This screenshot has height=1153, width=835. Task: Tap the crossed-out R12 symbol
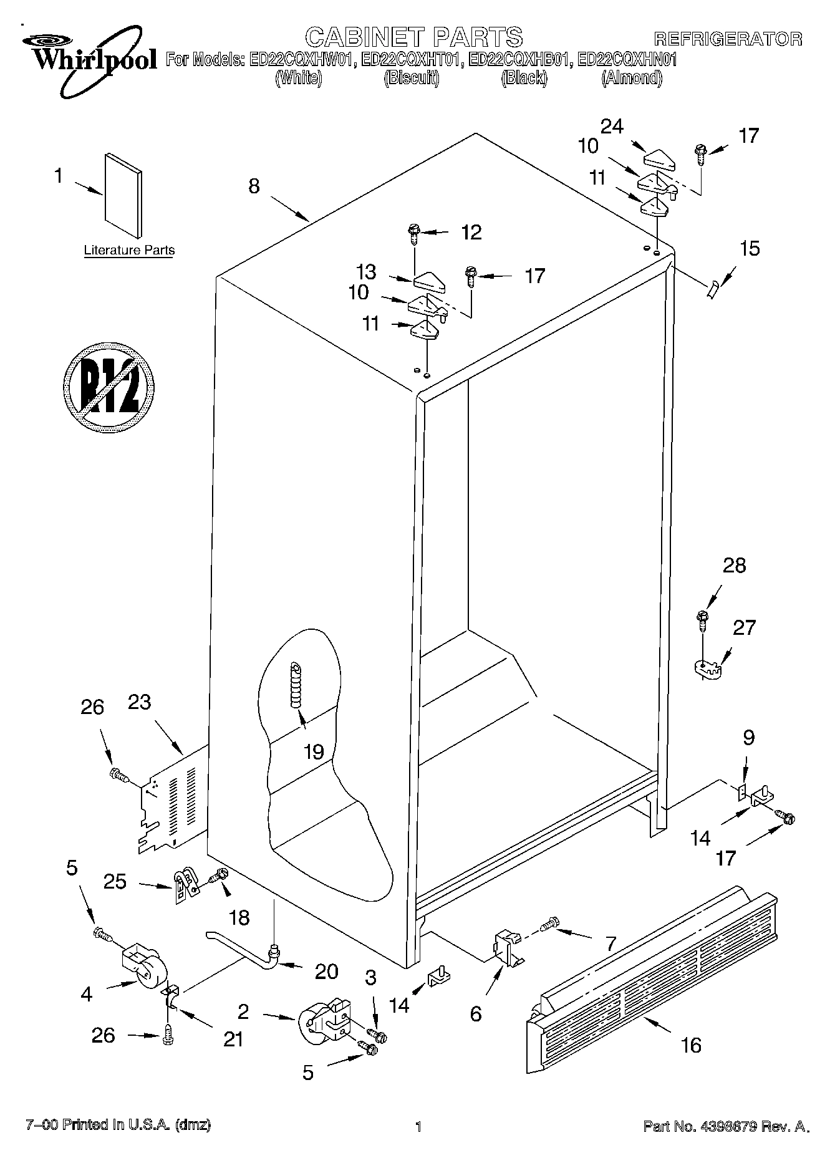109,387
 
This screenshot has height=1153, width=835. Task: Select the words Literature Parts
129,251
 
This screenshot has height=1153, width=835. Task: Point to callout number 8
254,186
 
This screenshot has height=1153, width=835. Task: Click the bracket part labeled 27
707,668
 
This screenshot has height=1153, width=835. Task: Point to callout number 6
476,1014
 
